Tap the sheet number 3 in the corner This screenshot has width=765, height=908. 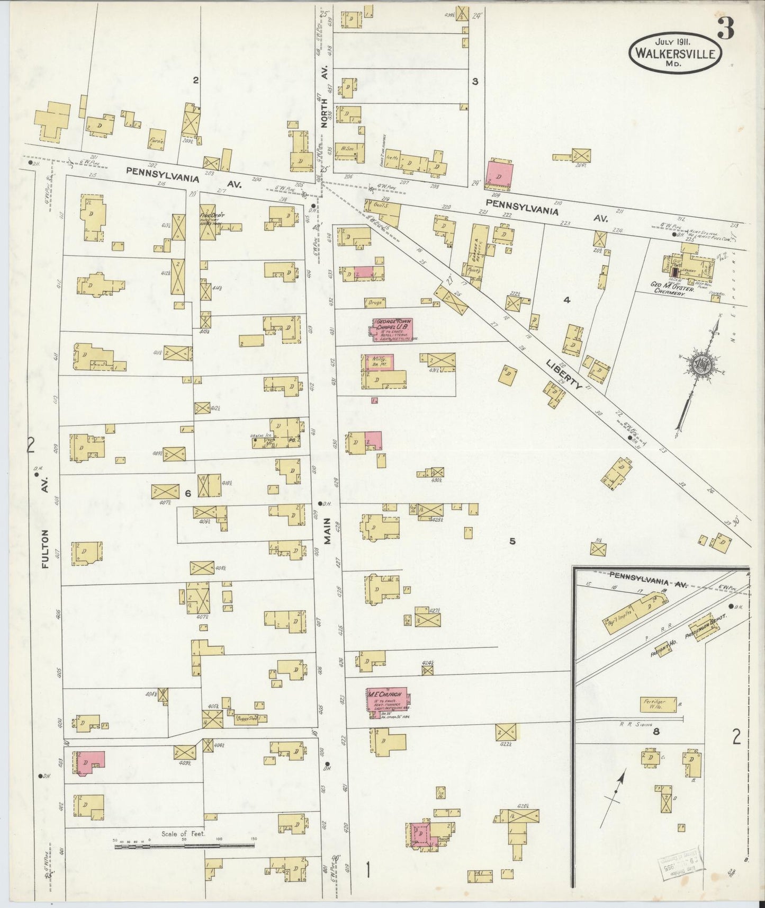coord(725,31)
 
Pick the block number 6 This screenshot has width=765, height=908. coord(187,493)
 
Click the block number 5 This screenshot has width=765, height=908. coord(512,541)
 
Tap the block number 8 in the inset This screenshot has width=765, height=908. coord(656,732)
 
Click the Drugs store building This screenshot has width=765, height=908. coord(375,303)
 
